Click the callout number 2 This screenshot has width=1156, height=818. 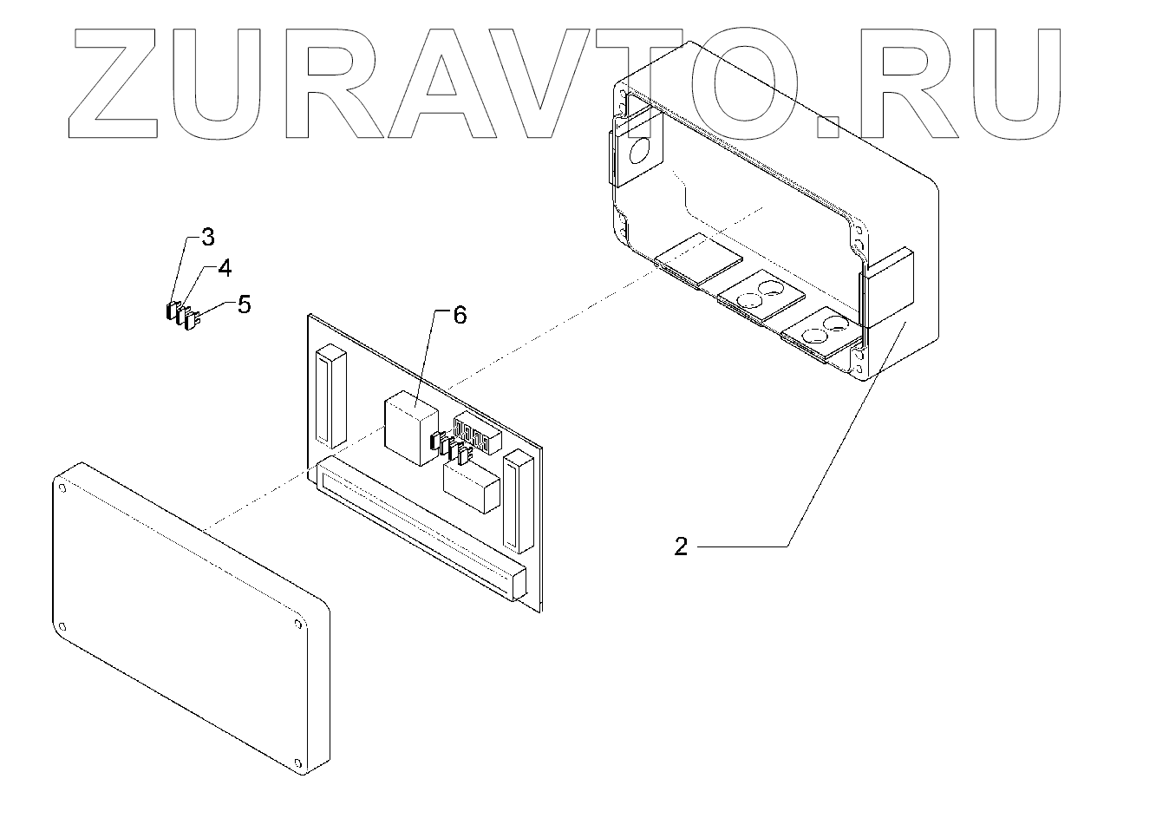[681, 546]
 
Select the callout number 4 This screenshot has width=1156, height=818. [224, 268]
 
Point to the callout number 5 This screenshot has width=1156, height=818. [244, 304]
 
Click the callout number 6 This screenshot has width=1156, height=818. [460, 315]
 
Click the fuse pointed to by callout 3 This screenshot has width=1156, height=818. [171, 310]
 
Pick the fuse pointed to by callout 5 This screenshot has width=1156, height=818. [193, 321]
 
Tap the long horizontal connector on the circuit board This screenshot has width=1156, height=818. [421, 528]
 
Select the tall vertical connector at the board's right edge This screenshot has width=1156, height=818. [518, 501]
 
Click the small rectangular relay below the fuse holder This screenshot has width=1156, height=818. [471, 488]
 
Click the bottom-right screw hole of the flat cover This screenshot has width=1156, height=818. [298, 764]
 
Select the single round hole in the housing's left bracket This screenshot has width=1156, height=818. [639, 153]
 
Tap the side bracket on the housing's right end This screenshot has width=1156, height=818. [886, 286]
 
